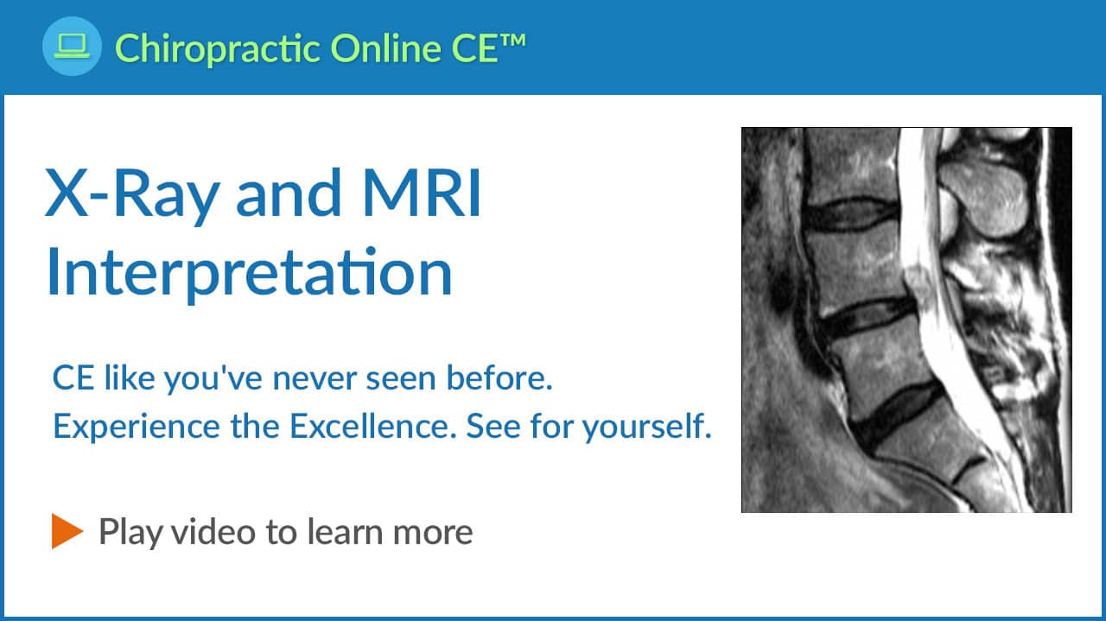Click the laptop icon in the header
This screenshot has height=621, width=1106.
coord(72,46)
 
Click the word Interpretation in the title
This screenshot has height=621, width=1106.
coord(250,273)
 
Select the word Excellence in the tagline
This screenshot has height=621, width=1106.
coord(372,426)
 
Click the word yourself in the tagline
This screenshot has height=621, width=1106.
coord(646,427)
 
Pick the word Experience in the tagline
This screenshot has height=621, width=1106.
coord(137,427)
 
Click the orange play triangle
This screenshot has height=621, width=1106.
coord(67,531)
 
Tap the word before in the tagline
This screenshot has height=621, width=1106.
coord(499,377)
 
